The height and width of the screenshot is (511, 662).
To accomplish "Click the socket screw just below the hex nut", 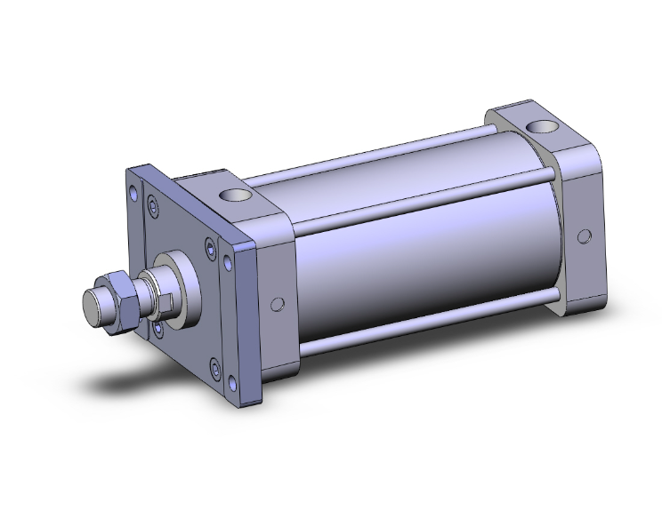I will click(x=157, y=328).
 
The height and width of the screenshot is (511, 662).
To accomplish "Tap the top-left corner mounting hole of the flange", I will click(x=134, y=190).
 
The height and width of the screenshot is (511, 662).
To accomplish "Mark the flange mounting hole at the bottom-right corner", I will click(x=232, y=381).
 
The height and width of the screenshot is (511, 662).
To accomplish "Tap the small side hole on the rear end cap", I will click(x=584, y=236).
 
